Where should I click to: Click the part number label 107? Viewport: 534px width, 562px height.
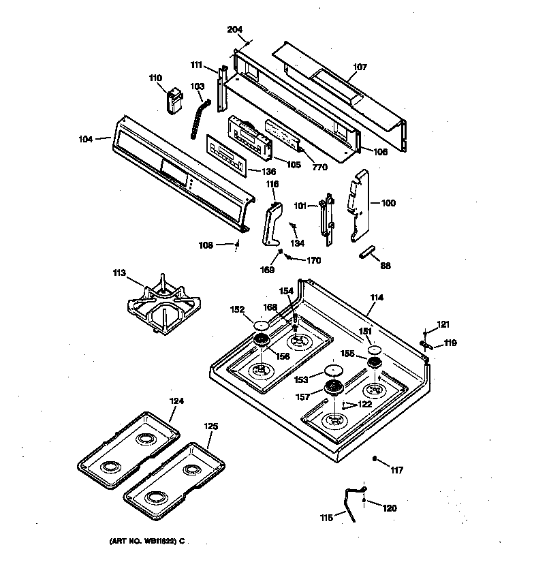(360, 67)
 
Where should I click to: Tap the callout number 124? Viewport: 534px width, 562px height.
(176, 401)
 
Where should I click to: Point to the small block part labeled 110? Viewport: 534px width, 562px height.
(174, 101)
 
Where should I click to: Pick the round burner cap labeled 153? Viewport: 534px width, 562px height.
(333, 371)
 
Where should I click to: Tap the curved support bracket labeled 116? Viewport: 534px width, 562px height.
(272, 225)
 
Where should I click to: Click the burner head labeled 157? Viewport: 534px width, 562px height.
(334, 388)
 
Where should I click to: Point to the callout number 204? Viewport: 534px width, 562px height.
(234, 29)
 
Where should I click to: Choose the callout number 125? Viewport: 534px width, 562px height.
(211, 426)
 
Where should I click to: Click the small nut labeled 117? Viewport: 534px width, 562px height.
(375, 460)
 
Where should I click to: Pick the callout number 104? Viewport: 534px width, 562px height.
(86, 139)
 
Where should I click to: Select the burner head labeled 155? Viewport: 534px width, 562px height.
(374, 362)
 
